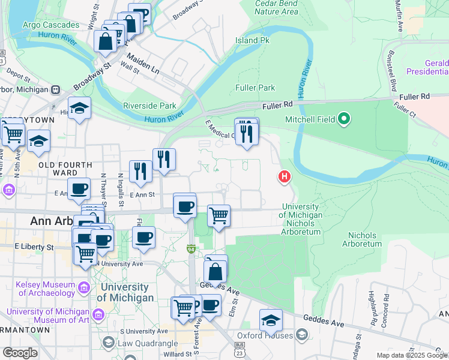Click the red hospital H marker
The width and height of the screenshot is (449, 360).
(x=284, y=177)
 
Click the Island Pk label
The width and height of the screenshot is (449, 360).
(x=253, y=40)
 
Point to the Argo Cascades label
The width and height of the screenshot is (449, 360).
(x=50, y=25)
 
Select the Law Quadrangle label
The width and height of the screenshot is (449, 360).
(x=148, y=343)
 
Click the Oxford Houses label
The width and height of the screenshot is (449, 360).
(x=265, y=335)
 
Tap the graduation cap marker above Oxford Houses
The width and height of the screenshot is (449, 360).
(x=271, y=320)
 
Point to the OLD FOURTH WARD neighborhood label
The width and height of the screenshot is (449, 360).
(x=65, y=169)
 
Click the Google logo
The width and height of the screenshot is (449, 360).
(x=19, y=353)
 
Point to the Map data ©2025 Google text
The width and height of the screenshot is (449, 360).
(x=412, y=355)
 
